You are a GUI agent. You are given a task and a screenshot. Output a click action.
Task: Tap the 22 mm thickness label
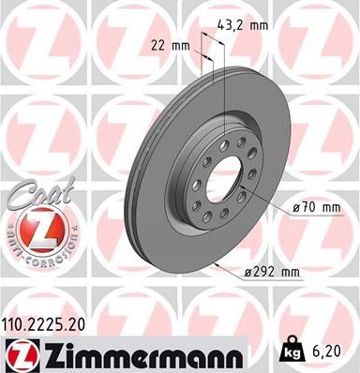175,44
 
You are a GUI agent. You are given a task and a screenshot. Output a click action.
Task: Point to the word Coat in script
34,193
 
